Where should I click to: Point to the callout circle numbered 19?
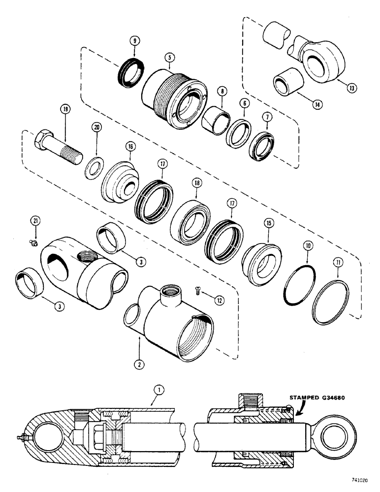click(x=64, y=109)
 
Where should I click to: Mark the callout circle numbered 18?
click(x=198, y=182)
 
